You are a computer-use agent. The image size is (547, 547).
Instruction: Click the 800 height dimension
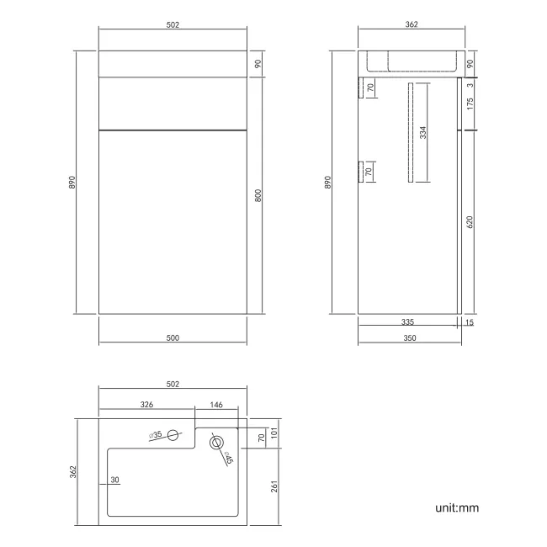click(258, 195)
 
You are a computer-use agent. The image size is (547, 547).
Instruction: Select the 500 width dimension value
click(173, 337)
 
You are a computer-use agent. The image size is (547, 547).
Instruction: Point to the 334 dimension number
click(423, 132)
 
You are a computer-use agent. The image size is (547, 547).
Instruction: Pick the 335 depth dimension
click(406, 321)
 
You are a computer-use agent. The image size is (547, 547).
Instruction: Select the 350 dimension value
click(411, 337)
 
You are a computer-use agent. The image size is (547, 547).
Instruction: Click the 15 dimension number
click(470, 321)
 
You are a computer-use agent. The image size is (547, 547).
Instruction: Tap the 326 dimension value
click(146, 405)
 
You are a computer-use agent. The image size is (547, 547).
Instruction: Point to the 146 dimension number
click(215, 405)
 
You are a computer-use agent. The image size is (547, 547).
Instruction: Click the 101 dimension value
click(274, 434)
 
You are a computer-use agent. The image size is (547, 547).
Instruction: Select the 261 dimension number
click(274, 487)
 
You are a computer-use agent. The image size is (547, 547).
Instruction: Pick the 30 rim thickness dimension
click(114, 481)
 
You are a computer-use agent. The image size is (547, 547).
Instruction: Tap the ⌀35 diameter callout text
click(156, 434)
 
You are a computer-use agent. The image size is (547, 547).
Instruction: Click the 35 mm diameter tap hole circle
click(173, 435)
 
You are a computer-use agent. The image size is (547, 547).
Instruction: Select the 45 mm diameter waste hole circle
click(216, 441)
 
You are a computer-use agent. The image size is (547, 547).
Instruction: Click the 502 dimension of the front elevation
click(173, 24)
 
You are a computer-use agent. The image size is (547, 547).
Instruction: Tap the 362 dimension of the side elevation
click(411, 24)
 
